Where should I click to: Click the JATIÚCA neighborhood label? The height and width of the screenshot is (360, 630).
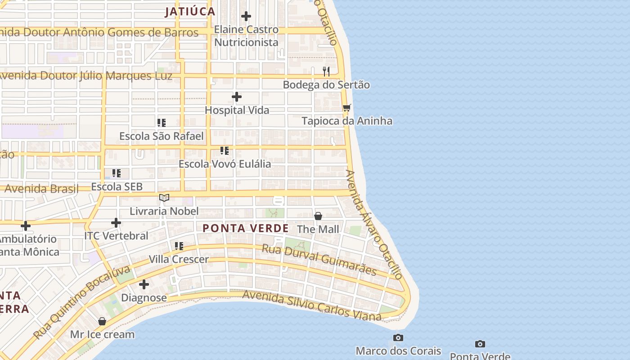(189, 12)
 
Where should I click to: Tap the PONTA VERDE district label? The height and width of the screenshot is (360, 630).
(245, 228)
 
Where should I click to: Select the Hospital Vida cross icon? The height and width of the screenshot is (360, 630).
(237, 97)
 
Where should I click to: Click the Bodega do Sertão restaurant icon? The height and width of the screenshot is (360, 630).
(326, 71)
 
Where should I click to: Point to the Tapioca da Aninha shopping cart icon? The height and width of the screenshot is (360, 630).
(346, 108)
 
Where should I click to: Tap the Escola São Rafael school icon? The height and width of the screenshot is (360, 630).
(162, 122)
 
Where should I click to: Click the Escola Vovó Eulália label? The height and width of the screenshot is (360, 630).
(225, 164)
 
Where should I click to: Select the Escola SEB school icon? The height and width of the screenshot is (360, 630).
(117, 173)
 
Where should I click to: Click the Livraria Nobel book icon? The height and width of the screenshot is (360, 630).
(164, 198)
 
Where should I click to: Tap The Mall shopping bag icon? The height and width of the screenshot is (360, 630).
(318, 216)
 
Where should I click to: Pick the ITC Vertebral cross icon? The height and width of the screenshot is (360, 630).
(116, 222)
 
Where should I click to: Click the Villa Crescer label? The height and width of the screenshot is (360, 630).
(179, 260)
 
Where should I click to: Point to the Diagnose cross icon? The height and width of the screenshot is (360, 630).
(144, 284)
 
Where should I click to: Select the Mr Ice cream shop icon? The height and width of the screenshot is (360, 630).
(102, 321)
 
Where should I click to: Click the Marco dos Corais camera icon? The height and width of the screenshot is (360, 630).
(398, 337)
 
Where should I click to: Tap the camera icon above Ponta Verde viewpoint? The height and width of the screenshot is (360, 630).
(480, 344)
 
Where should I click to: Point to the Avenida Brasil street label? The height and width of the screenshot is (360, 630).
(41, 189)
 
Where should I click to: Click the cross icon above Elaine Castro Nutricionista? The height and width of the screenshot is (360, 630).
(246, 16)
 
